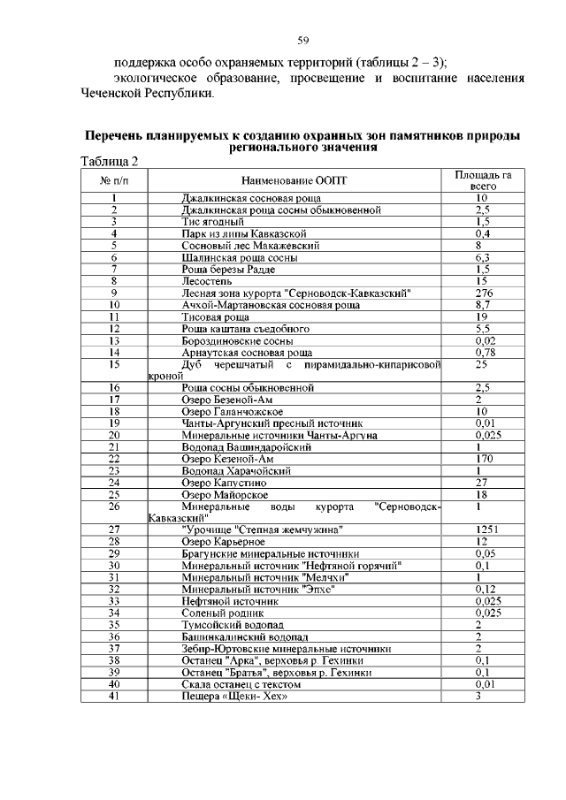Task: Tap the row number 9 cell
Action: click(x=114, y=292)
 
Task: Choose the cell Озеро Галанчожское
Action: click(x=232, y=411)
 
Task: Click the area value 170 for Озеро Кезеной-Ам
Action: click(x=483, y=459)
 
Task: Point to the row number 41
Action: click(x=114, y=696)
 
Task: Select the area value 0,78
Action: click(x=483, y=352)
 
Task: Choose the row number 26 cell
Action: click(x=114, y=506)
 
